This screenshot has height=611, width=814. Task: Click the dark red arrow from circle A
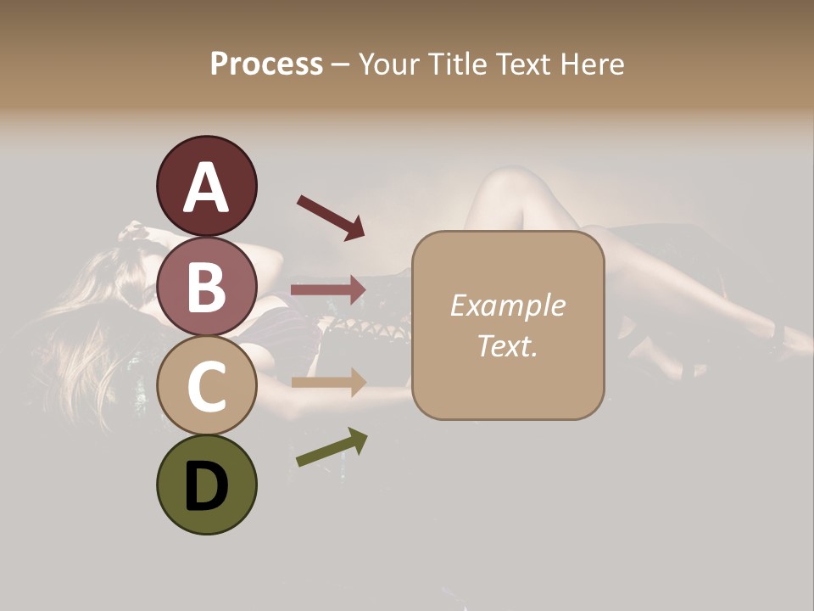[331, 216]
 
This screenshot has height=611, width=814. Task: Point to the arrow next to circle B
[328, 290]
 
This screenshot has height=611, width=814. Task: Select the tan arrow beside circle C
[328, 383]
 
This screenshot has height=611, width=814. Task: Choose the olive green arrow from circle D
[332, 447]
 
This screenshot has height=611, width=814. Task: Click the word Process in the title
[266, 64]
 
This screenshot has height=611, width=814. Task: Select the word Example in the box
[507, 305]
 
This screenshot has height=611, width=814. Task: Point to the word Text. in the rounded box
[507, 345]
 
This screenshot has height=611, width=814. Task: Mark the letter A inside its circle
[206, 188]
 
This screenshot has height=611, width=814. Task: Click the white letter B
[206, 287]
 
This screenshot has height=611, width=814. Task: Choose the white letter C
[206, 387]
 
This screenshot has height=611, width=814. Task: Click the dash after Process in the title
[341, 64]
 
